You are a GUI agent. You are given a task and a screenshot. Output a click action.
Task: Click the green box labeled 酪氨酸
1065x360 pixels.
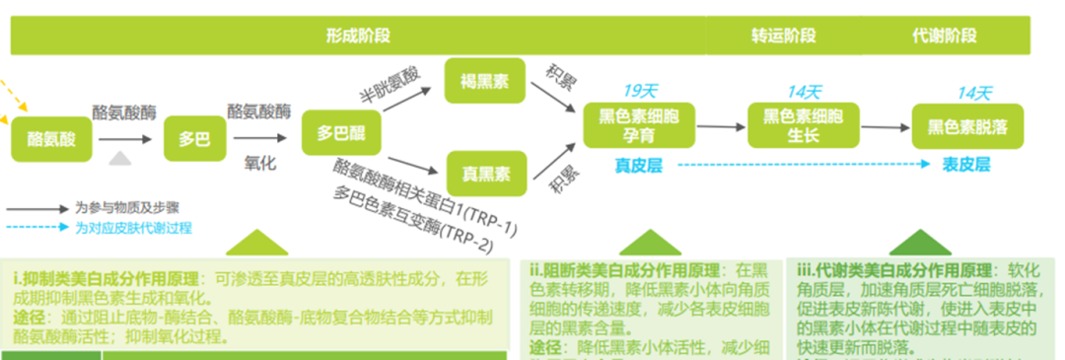tap(51, 139)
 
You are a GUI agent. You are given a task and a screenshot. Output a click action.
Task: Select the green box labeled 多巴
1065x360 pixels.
tap(194, 139)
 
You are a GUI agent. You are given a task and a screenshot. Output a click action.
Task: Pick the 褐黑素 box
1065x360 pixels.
tap(485, 82)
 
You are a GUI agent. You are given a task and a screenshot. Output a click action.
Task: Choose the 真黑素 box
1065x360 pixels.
tap(485, 175)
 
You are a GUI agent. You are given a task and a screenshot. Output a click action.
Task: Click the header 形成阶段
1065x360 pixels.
tap(359, 36)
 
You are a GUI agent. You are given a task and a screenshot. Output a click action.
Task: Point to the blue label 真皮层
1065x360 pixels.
tap(639, 166)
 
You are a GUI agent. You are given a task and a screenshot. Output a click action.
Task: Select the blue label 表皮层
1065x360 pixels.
tap(966, 165)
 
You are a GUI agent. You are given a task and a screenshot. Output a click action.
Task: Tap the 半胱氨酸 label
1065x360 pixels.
tap(389, 86)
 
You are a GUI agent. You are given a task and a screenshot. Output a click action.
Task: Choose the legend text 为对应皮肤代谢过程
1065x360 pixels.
tap(133, 228)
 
